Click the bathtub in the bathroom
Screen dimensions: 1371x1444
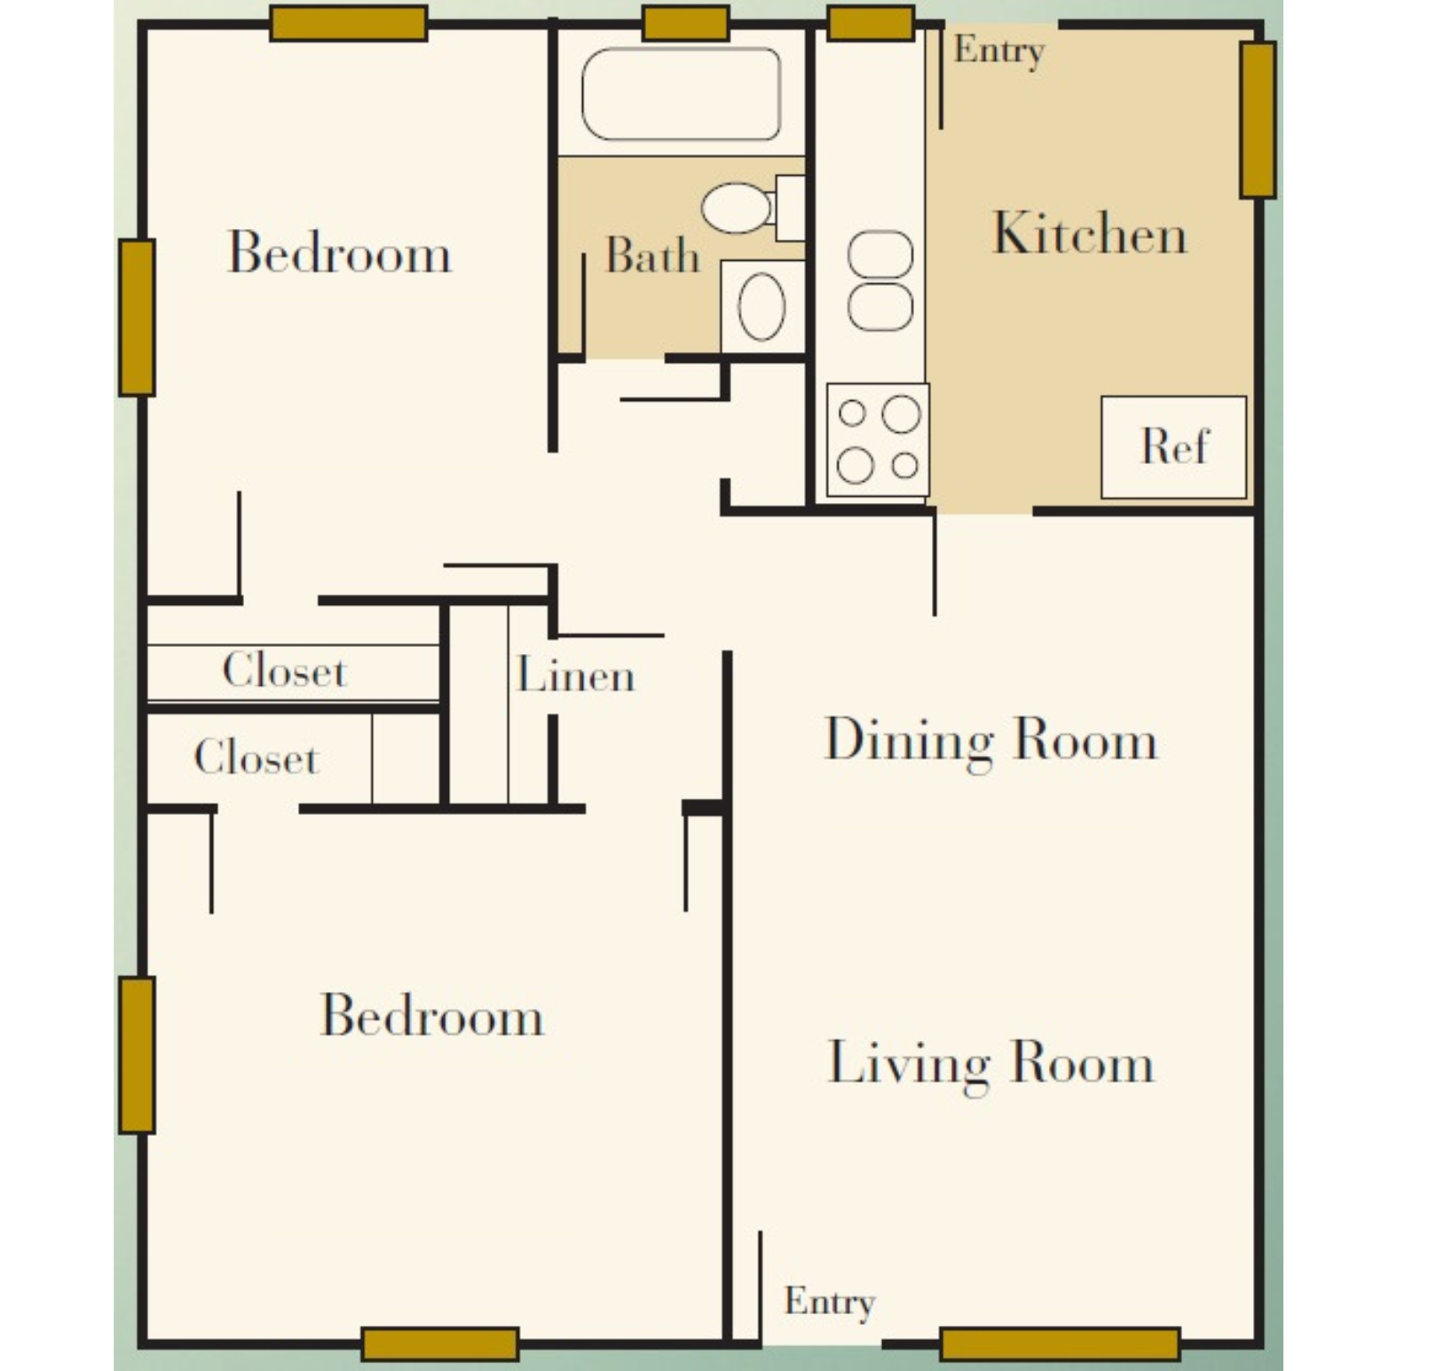[681, 94]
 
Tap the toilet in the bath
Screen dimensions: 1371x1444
[737, 208]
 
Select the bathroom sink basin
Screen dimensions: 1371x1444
[761, 306]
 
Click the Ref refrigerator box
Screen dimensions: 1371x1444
[1173, 446]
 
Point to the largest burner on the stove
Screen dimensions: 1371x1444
[901, 414]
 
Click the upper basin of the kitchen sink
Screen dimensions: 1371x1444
[880, 255]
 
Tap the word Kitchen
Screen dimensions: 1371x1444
[1089, 234]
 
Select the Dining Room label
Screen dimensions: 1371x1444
[990, 740]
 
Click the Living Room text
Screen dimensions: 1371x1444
[990, 1063]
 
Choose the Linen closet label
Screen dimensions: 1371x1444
[575, 676]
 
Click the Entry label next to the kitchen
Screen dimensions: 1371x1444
[998, 51]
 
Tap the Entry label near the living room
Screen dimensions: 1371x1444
[829, 1302]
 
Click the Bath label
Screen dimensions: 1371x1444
[652, 256]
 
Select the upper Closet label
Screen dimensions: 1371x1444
[284, 670]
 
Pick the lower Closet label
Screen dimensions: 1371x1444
[256, 758]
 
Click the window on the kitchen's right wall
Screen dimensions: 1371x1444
[1257, 120]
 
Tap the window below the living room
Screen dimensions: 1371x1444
[1060, 1343]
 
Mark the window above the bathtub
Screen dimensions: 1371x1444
[685, 23]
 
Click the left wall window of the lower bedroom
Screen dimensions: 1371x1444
[137, 1055]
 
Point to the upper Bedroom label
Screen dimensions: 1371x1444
[340, 253]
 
